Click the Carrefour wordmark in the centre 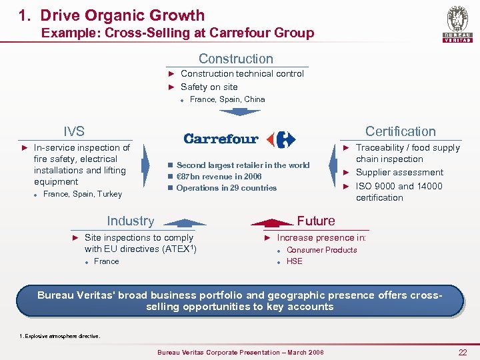click(221, 139)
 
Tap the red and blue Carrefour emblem click(281, 139)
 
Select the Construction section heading click(236, 59)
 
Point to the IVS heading click(74, 131)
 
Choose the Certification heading click(400, 131)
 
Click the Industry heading click(131, 221)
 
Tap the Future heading click(316, 221)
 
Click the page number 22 click(462, 352)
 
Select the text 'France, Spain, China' click(227, 99)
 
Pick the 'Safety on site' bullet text click(209, 87)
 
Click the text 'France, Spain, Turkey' click(83, 194)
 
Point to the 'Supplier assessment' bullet click(399, 172)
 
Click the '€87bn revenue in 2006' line click(219, 177)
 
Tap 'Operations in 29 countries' click(227, 188)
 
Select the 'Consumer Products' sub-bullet click(321, 250)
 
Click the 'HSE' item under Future click(294, 261)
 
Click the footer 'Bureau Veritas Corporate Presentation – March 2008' click(240, 352)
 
